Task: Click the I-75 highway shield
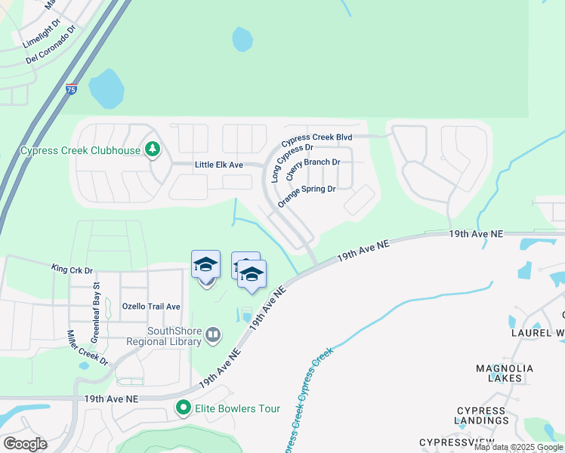(x=71, y=89)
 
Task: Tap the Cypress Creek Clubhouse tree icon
(x=153, y=149)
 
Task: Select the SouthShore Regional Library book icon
(x=213, y=334)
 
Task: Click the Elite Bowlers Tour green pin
(x=183, y=408)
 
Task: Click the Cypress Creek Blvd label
(x=317, y=139)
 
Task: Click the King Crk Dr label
(x=72, y=269)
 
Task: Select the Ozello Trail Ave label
(x=151, y=307)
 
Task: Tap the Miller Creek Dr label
(x=88, y=347)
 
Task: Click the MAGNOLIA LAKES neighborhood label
(x=505, y=374)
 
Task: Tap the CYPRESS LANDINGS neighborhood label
(x=482, y=415)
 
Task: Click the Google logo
(x=25, y=444)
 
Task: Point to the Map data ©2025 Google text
(x=518, y=447)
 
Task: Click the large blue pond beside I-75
(x=107, y=88)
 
